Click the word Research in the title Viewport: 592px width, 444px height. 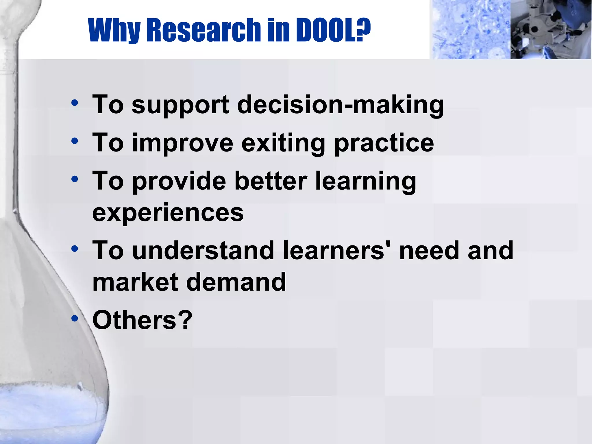point(204,30)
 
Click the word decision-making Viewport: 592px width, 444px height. point(340,106)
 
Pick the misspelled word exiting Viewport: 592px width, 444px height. point(283,144)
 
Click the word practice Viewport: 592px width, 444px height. point(384,144)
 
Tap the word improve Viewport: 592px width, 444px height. point(182,144)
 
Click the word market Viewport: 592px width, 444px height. point(135,282)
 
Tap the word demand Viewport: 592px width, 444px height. point(236,282)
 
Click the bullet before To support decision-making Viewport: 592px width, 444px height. point(75,103)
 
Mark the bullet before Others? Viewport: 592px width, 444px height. point(75,318)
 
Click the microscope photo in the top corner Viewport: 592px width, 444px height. point(551,29)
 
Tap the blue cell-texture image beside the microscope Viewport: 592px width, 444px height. point(470,29)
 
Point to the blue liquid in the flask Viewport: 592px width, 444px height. point(43,413)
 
